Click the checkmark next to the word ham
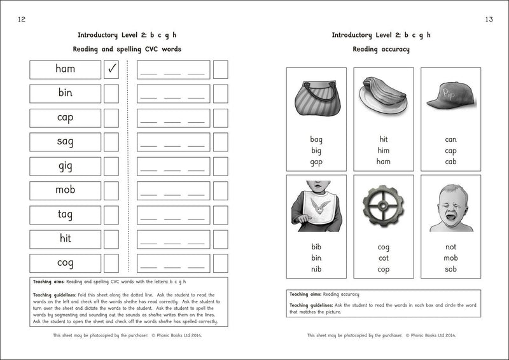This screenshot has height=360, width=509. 111,69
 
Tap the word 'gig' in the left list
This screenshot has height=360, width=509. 65,166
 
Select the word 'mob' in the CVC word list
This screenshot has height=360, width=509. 65,190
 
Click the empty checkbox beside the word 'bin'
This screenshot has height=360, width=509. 111,93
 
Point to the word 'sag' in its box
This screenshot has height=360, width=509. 65,142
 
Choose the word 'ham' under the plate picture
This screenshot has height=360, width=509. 383,162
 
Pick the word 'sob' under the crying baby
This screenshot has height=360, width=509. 450,269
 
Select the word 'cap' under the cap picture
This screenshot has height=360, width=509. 450,151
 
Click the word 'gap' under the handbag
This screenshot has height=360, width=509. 316,162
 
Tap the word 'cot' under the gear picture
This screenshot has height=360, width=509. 383,258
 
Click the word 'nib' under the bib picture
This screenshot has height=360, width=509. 316,269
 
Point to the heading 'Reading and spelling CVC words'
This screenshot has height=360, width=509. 129,49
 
